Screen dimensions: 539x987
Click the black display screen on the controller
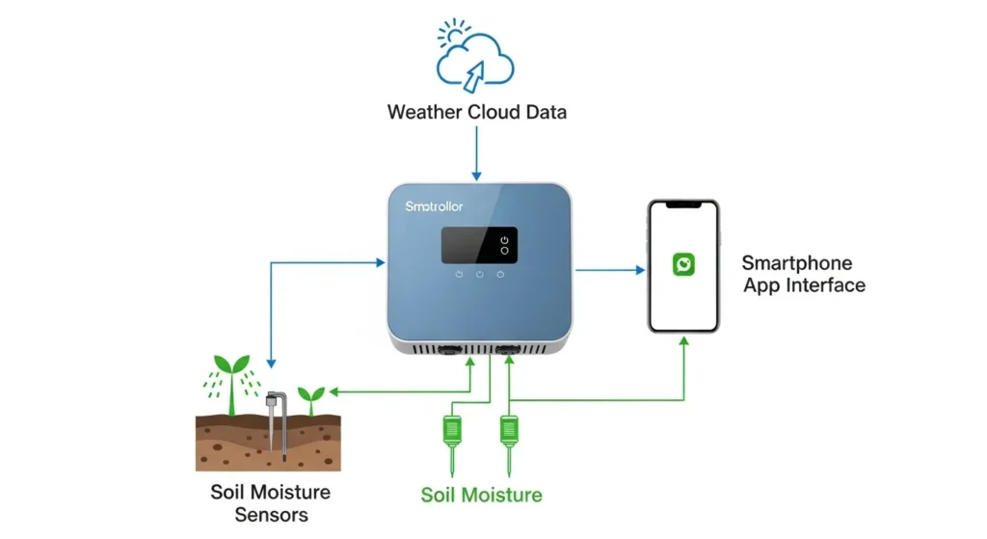coord(479,245)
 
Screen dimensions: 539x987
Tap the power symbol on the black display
coord(504,238)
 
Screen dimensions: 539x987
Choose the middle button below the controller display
coord(479,274)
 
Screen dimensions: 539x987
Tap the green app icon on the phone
coord(682,264)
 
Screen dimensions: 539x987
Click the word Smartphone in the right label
coord(797,263)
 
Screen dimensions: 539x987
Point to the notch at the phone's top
coord(682,207)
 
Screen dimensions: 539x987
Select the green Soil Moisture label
coord(481,496)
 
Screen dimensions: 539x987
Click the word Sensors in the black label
coord(270,514)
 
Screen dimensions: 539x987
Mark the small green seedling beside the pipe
coord(310,397)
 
